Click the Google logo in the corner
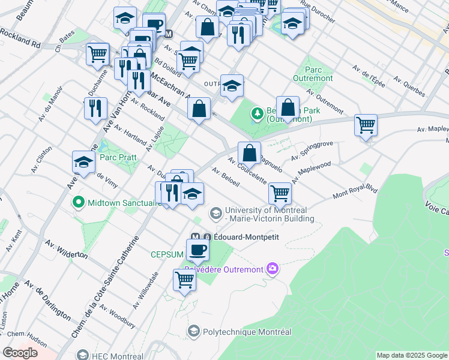pos(20,353)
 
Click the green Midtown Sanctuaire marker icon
pos(78,202)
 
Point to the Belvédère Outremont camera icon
pos(273,268)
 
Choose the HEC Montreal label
pos(118,356)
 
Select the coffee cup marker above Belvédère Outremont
pos(197,249)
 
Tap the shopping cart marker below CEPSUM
pos(185,279)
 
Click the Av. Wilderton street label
pos(65,250)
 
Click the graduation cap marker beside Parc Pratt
pos(84,161)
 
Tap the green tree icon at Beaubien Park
pos(258,113)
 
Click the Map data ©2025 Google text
pos(411,355)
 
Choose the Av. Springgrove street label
pos(312,150)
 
